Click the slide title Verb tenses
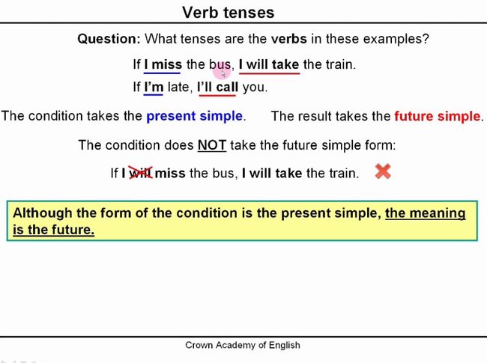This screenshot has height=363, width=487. point(229,13)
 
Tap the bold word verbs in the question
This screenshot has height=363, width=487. point(289,39)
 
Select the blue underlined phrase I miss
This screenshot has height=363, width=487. point(163,64)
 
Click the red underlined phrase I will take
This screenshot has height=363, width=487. point(269,64)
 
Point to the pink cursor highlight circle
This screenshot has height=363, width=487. point(222,72)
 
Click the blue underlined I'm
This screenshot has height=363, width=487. point(154,87)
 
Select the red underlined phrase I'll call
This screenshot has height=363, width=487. point(218,87)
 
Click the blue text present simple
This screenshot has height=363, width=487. point(195,116)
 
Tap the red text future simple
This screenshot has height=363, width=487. point(438,116)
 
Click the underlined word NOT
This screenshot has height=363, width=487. point(212,145)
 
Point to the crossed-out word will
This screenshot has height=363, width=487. point(141,173)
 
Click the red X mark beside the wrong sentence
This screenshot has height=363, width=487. point(383,171)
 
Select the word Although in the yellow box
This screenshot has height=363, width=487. point(43,213)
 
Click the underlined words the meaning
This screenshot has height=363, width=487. point(426,213)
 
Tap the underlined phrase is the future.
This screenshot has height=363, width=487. point(53,230)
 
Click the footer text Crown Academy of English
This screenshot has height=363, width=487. point(243,345)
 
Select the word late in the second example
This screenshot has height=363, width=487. point(178,87)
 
